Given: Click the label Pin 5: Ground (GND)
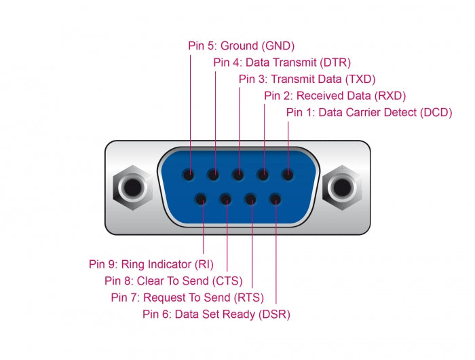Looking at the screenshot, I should click(241, 46).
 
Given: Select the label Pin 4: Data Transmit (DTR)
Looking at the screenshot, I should click(282, 63).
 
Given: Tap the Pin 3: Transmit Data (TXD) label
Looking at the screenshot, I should click(307, 79).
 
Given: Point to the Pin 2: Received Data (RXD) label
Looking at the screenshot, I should click(335, 96).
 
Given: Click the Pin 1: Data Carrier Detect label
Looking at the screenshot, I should click(368, 112).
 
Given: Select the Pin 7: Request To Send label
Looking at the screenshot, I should click(187, 297).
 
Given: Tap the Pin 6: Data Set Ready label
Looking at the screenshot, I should click(216, 314).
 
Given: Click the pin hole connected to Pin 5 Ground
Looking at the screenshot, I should click(190, 175).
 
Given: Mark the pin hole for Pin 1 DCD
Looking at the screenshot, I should click(288, 175).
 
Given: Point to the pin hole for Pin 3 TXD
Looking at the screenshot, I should click(239, 175).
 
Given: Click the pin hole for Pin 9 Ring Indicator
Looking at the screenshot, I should click(202, 200).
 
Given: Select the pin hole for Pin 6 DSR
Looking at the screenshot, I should click(275, 200).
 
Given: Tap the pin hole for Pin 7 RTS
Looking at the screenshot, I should click(250, 200).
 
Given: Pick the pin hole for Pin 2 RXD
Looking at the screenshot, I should click(263, 175).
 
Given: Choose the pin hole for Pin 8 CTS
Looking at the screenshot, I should click(226, 200).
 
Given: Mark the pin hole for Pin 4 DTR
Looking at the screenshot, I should click(214, 175).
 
